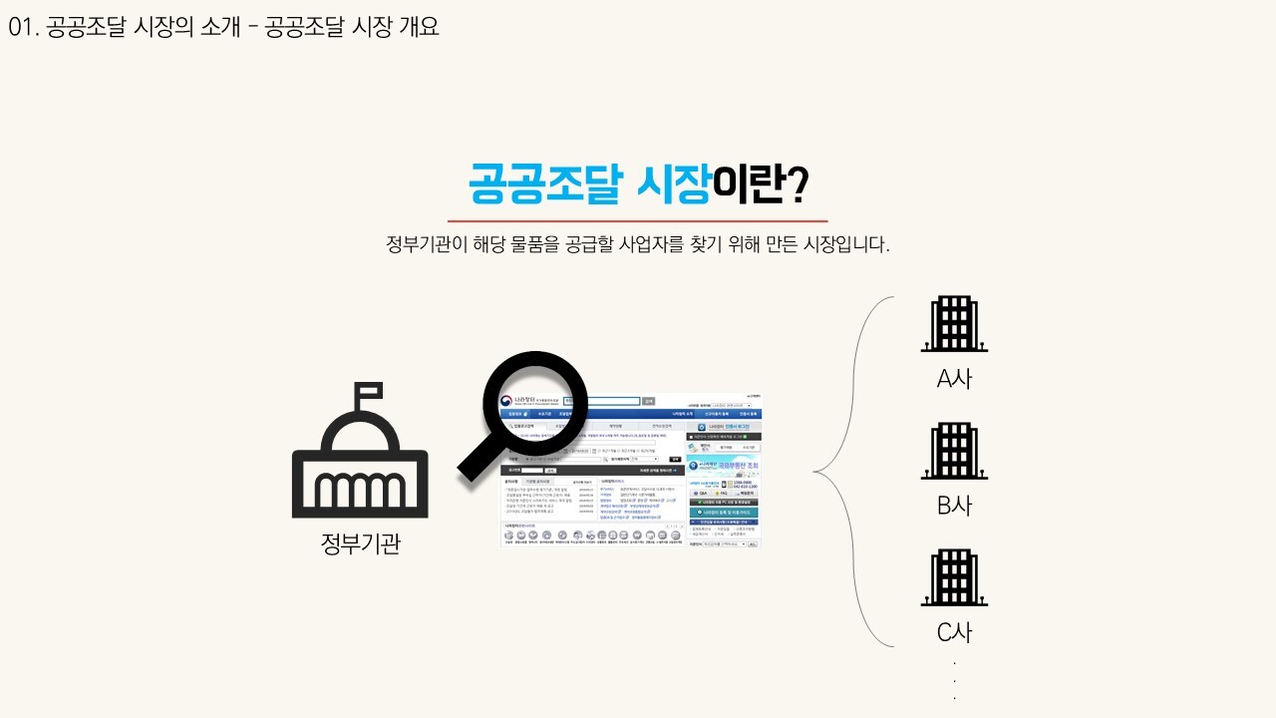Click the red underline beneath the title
pyautogui.click(x=638, y=220)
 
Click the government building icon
pyautogui.click(x=360, y=464)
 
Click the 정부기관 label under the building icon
pyautogui.click(x=360, y=543)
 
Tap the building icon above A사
pyautogui.click(x=954, y=324)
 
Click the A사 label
pyautogui.click(x=954, y=379)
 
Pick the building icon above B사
pyautogui.click(x=954, y=452)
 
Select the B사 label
pyautogui.click(x=954, y=506)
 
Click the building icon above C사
pyautogui.click(x=954, y=578)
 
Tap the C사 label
pyautogui.click(x=954, y=632)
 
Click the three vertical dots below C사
pyautogui.click(x=954, y=681)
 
